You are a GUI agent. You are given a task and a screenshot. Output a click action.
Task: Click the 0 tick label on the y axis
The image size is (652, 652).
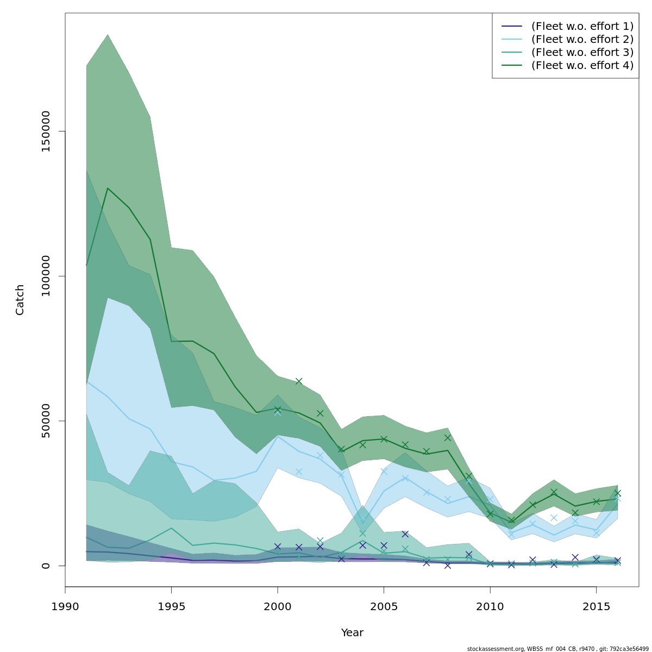46,565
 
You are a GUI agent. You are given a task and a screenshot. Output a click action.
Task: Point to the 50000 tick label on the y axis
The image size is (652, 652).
46,421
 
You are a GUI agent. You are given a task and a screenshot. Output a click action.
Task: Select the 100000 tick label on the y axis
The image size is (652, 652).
46,276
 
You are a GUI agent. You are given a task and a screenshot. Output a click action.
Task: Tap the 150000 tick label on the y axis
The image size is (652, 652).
46,131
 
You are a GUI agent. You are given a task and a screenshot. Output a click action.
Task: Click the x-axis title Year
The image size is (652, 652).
352,633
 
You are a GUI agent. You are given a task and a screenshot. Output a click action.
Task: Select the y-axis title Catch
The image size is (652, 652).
20,299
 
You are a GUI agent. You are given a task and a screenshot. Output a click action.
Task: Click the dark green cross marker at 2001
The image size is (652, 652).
299,381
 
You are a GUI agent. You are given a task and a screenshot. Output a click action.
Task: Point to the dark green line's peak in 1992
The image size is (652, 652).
108,188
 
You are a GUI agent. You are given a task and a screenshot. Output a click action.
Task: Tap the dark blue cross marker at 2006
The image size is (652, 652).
405,534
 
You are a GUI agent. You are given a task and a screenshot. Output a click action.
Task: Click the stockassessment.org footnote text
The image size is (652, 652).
558,649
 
